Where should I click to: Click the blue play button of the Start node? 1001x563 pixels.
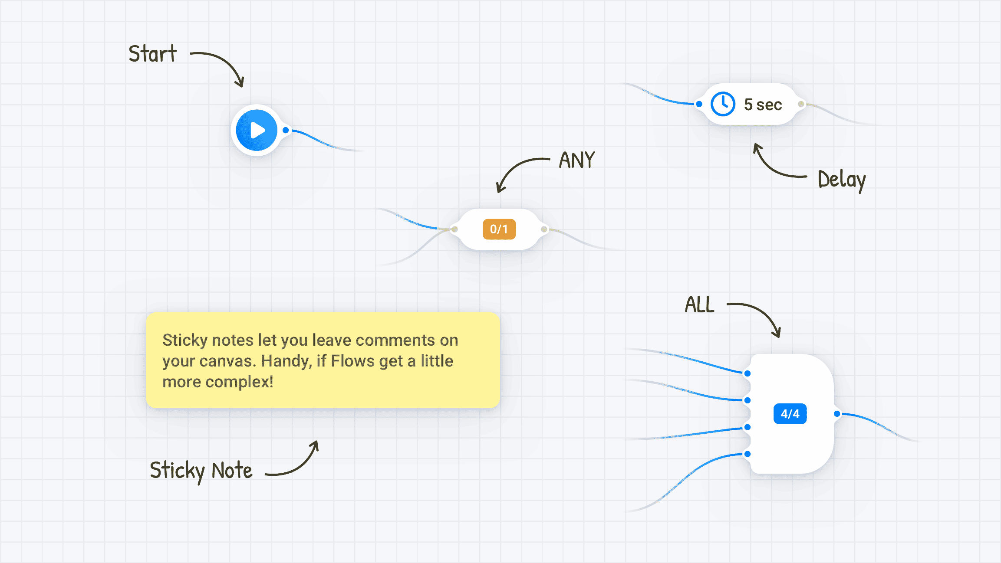click(x=257, y=130)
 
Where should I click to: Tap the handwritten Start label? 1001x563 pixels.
click(x=153, y=54)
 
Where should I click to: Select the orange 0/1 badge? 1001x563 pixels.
click(x=499, y=229)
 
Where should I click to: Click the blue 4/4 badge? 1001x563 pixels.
click(x=790, y=414)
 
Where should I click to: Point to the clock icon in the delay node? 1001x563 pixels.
click(x=723, y=104)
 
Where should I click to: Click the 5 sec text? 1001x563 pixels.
click(x=763, y=105)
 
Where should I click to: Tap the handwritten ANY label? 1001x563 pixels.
click(x=577, y=160)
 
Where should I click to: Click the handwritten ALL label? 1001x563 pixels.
click(x=700, y=304)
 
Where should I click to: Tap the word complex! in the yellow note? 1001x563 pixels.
click(x=240, y=382)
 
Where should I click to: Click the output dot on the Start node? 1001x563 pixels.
click(x=286, y=130)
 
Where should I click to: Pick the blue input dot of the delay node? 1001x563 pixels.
click(x=699, y=104)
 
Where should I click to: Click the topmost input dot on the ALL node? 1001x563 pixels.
click(x=747, y=373)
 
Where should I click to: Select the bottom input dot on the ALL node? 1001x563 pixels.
click(x=747, y=454)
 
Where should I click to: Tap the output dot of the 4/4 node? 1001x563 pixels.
click(x=837, y=414)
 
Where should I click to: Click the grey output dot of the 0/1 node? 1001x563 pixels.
click(x=544, y=229)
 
